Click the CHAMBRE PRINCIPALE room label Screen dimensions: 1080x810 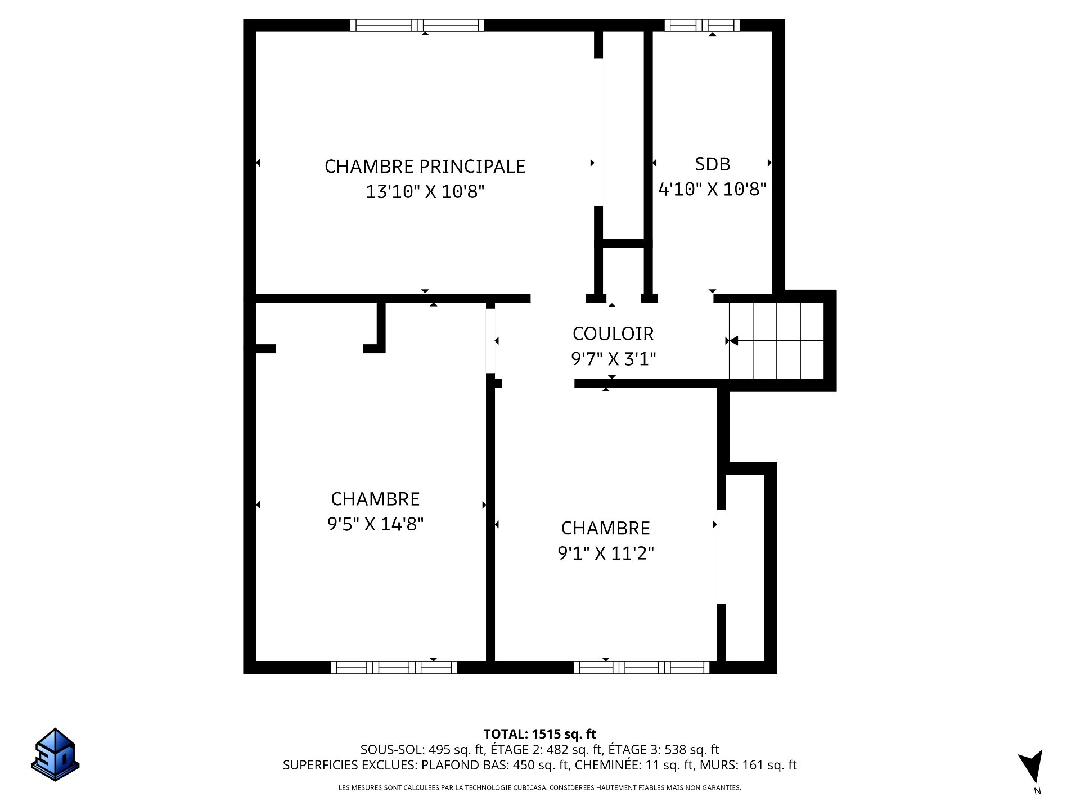tap(425, 166)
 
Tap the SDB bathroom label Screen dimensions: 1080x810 tap(713, 164)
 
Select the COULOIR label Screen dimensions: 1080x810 tap(613, 334)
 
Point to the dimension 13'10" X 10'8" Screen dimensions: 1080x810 tap(425, 192)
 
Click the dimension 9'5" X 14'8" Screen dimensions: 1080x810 tap(375, 524)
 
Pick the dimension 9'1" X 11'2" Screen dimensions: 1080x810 tap(606, 553)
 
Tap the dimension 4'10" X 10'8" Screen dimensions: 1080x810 tap(713, 189)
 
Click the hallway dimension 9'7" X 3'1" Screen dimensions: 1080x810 tap(614, 359)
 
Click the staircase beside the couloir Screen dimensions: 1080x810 tap(777, 341)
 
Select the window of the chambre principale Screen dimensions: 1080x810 tap(417, 25)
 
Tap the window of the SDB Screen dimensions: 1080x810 tap(702, 25)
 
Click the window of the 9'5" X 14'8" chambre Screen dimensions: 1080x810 tap(394, 668)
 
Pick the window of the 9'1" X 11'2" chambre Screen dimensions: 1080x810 tap(642, 668)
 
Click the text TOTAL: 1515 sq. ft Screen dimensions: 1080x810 tap(540, 734)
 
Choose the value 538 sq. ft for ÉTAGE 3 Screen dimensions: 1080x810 tap(692, 750)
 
